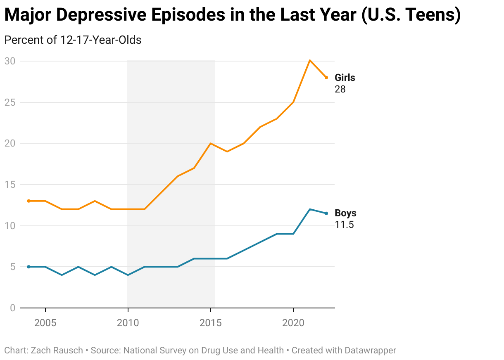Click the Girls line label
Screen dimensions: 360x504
click(345, 78)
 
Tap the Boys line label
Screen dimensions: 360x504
click(345, 213)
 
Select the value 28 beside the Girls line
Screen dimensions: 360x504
click(340, 89)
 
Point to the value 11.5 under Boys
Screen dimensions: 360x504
click(344, 225)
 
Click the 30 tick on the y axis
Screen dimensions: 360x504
click(10, 61)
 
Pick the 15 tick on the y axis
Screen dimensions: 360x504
click(10, 185)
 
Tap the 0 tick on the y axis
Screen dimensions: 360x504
click(12, 308)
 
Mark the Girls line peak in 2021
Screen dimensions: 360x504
click(310, 60)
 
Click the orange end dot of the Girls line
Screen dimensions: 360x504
click(326, 78)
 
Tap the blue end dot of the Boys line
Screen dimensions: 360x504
click(326, 213)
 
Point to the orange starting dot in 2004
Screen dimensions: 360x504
click(29, 201)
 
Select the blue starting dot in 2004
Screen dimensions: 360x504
click(29, 267)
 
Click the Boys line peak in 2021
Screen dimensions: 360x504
click(310, 209)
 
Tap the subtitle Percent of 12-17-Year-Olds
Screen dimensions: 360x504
click(73, 40)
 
